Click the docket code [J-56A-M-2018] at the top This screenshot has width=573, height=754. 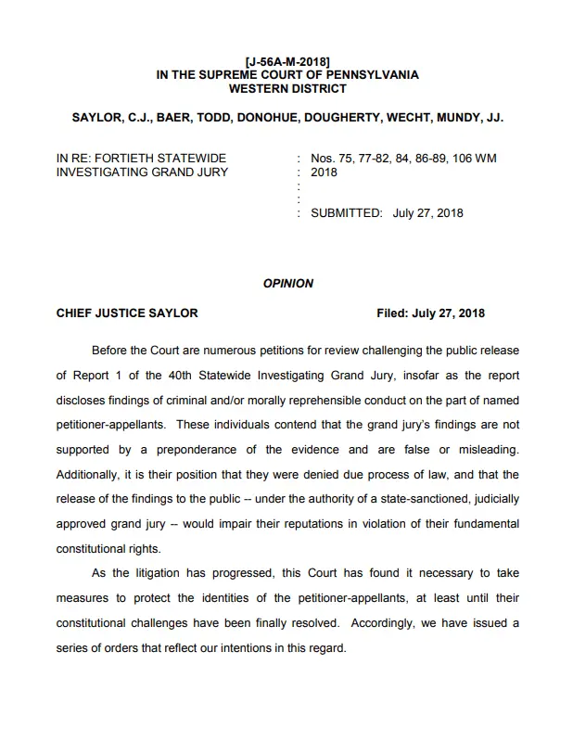pos(288,61)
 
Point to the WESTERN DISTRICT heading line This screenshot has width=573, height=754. pos(287,89)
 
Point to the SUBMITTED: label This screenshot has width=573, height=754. pos(346,212)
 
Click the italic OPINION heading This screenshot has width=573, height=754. pos(288,283)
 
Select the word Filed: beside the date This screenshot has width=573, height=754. pos(396,313)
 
